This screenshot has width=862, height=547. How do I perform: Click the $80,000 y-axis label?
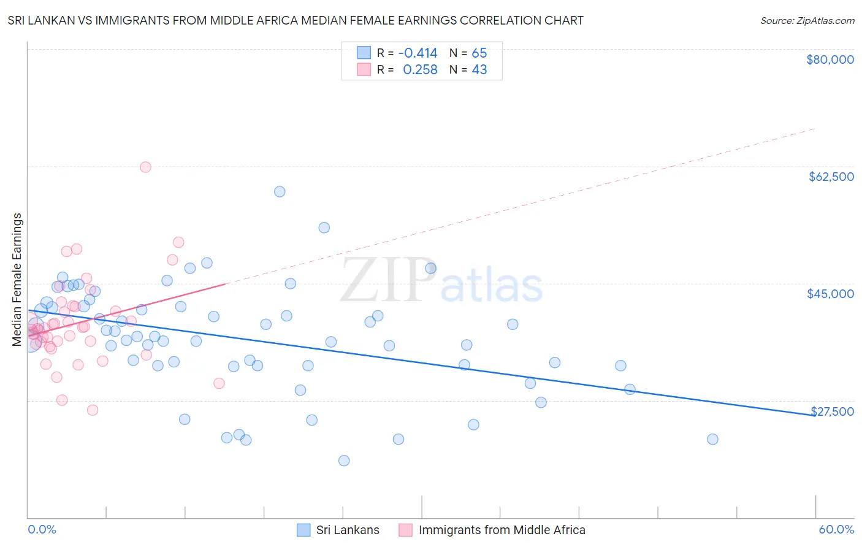click(830, 59)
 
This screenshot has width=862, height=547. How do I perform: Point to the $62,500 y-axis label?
click(831, 177)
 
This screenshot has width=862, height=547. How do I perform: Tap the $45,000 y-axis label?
click(830, 294)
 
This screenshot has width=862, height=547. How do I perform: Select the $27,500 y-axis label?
click(832, 411)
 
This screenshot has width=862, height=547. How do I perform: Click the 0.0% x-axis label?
click(42, 529)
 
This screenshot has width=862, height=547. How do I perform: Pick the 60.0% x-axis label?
click(836, 529)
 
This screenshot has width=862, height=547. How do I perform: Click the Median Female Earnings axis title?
click(17, 280)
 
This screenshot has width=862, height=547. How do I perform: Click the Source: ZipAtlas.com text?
click(807, 20)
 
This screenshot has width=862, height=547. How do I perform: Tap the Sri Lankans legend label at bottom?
click(348, 530)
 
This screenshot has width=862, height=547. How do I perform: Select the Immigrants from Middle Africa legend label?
click(502, 530)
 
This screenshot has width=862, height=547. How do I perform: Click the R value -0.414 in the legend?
click(418, 53)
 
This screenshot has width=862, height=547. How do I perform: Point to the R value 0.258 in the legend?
click(420, 70)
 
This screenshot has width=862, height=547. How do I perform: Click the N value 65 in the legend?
click(479, 53)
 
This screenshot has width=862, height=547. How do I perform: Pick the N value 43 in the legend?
click(479, 70)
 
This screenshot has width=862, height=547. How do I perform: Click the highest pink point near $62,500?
click(145, 167)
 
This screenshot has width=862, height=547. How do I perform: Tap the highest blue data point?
click(280, 191)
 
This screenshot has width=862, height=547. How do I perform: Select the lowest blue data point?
click(344, 461)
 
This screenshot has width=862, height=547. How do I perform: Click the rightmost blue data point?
click(712, 439)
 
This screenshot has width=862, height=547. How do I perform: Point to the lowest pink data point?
click(93, 410)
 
